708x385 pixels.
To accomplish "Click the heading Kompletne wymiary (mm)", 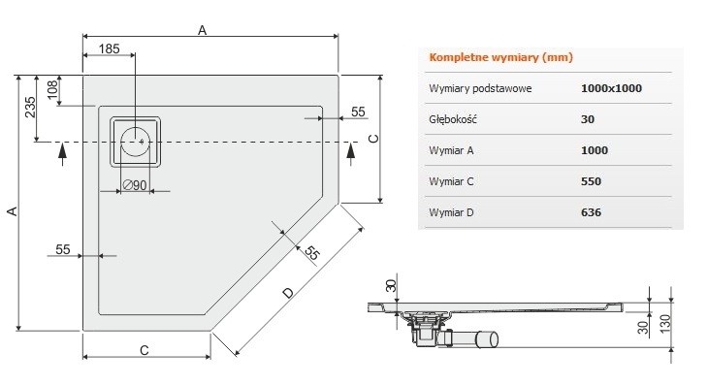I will click(x=486, y=57).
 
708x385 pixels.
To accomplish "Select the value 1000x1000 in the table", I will click(x=611, y=88).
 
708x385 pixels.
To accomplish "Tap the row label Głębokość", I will click(x=454, y=119).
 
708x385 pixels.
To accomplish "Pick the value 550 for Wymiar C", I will click(x=591, y=181).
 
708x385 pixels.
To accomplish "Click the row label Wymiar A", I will click(x=451, y=150).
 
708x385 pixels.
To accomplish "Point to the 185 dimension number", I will click(x=110, y=48).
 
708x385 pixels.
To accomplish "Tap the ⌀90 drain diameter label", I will click(x=134, y=185).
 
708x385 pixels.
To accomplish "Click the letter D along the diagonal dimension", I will click(x=288, y=292).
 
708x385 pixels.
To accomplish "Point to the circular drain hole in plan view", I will click(x=138, y=142).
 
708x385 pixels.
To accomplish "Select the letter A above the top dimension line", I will click(x=202, y=30).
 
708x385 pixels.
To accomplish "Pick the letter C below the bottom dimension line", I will click(x=144, y=350).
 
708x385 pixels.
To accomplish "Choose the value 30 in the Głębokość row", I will click(x=587, y=119).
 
